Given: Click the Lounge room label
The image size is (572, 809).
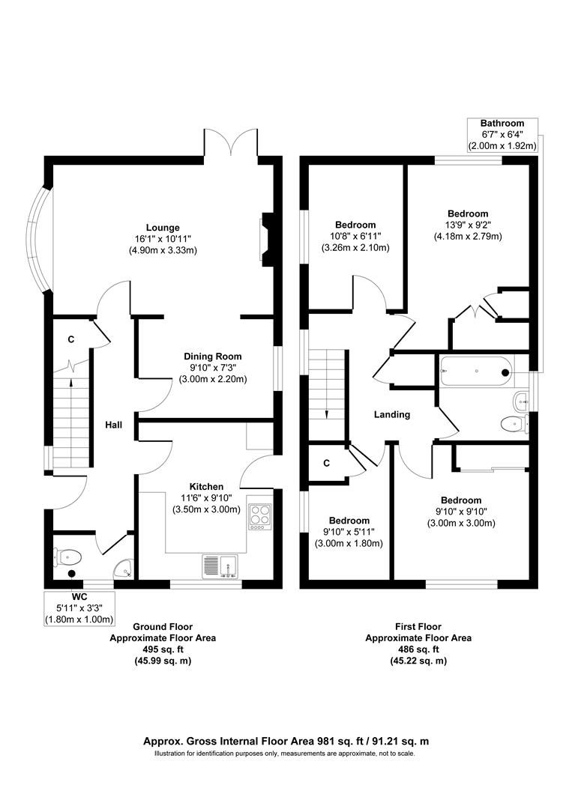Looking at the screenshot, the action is click(x=163, y=228).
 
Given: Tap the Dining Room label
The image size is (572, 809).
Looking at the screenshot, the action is click(x=213, y=357).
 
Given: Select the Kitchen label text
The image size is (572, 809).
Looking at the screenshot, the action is click(x=206, y=487).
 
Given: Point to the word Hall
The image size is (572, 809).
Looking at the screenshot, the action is click(x=113, y=425).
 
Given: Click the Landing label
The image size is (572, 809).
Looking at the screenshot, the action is click(x=392, y=414).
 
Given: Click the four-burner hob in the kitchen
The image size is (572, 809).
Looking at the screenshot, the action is click(x=259, y=516).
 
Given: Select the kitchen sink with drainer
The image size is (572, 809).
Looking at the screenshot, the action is click(x=221, y=566).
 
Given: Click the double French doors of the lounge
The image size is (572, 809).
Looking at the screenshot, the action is click(x=231, y=143).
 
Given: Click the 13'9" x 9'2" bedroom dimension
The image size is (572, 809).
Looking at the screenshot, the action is click(x=468, y=225).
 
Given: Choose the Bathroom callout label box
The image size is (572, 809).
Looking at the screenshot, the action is click(x=502, y=135).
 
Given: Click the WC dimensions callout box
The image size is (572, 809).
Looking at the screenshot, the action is click(x=79, y=608).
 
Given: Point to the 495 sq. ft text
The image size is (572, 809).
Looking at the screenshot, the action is click(x=163, y=649).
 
